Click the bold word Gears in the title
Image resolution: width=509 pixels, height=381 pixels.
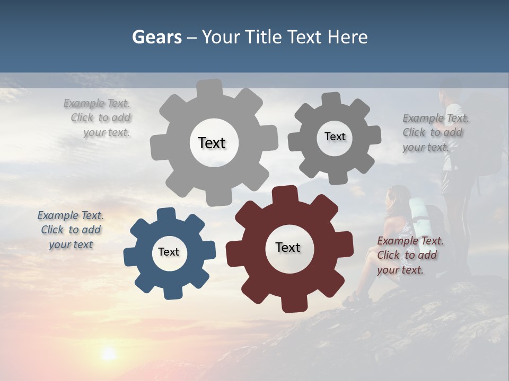[x=156, y=37]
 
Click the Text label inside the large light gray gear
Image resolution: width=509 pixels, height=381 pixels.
[x=212, y=143]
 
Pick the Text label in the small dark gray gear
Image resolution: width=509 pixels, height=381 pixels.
[x=335, y=137]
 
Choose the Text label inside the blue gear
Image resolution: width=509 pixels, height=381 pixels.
[x=169, y=252]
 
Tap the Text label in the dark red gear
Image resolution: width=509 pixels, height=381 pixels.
[x=288, y=248]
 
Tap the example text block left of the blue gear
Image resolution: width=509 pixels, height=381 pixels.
[x=71, y=230]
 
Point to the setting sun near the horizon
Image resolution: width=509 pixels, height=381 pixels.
[x=109, y=353]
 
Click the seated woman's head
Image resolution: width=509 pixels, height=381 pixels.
[x=397, y=196]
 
